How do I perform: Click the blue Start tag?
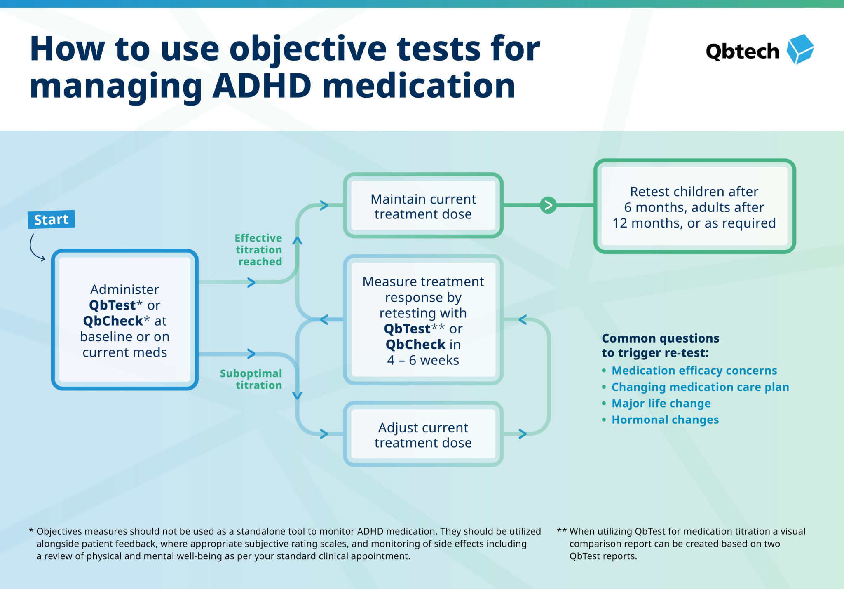[x=51, y=219]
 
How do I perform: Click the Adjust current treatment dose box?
[x=423, y=435]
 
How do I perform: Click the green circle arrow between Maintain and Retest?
[x=548, y=205]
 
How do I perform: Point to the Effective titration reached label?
[x=258, y=250]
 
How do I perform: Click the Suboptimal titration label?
[x=251, y=379]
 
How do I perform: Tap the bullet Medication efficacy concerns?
[x=694, y=371]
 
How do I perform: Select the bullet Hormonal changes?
[x=665, y=420]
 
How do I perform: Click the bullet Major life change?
[x=661, y=404]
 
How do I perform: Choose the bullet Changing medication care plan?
[x=700, y=387]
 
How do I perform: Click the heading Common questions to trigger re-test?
[x=660, y=345]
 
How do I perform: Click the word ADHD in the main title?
[x=261, y=86]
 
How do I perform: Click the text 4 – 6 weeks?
[x=423, y=360]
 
